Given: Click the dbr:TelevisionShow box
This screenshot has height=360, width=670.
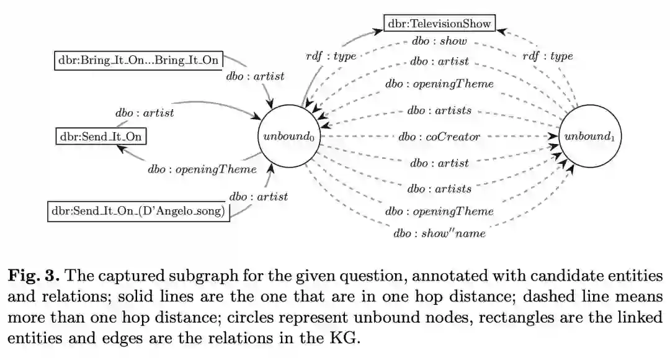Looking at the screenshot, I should click(x=439, y=24).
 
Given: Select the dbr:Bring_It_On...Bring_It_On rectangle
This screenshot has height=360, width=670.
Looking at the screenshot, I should click(x=138, y=60).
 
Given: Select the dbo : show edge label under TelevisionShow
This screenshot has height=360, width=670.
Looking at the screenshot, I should click(x=439, y=42).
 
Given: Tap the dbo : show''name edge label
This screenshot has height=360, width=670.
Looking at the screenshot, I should click(x=439, y=233).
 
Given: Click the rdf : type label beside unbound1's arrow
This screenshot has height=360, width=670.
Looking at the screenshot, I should click(x=547, y=56).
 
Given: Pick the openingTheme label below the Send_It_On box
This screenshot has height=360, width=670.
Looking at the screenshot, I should click(x=202, y=169).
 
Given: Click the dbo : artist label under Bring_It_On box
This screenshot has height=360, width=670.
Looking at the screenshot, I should click(x=255, y=76).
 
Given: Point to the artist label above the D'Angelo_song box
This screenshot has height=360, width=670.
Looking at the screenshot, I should click(x=259, y=197).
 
